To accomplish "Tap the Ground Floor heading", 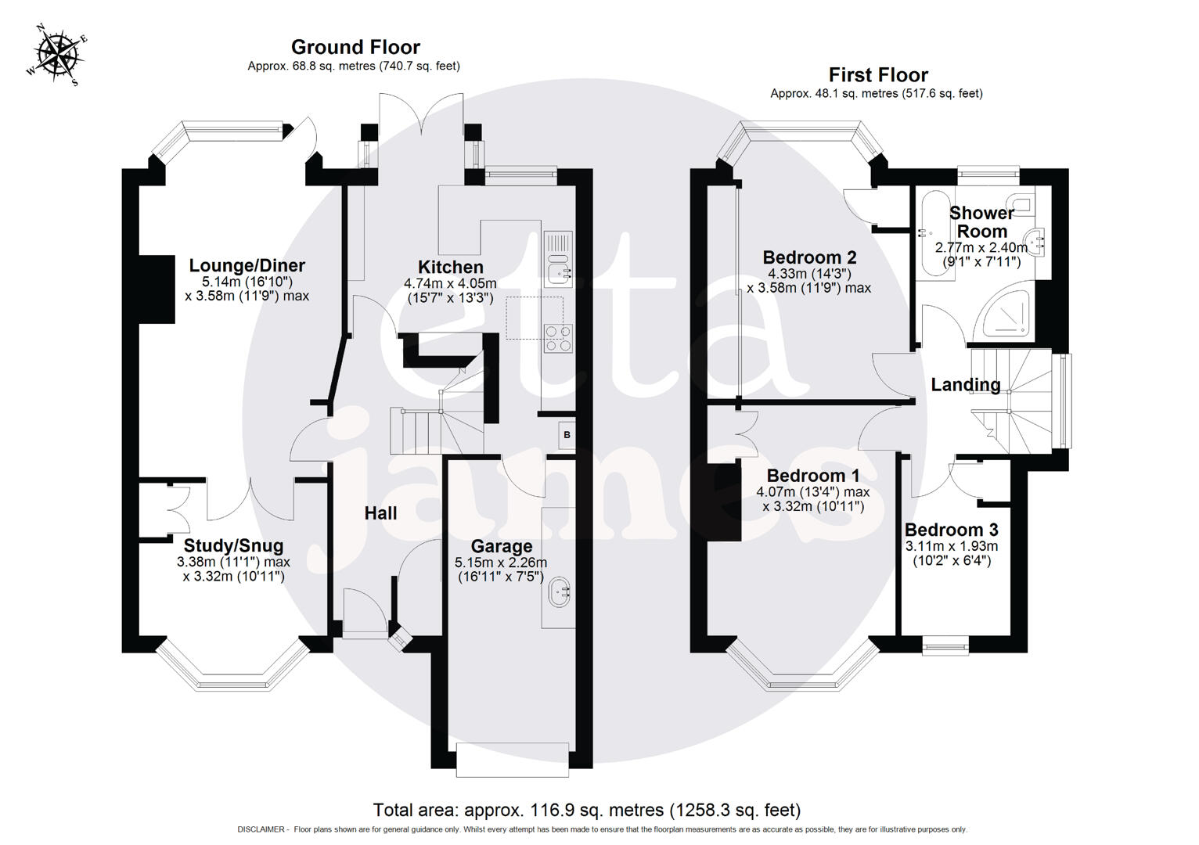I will [355, 48].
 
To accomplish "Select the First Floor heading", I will [878, 75].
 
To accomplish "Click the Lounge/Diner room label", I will [247, 266].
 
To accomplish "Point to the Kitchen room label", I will [450, 267].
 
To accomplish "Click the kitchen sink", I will [559, 272].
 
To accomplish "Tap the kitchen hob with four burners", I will [559, 337].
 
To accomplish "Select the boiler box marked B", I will [567, 435].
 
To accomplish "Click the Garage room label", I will [501, 546].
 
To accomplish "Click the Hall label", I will [380, 513].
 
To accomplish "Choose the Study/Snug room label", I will [233, 545].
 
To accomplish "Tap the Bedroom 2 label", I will [809, 257].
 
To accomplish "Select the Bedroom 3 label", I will [951, 530].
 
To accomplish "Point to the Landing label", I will [965, 385].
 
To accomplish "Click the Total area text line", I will [587, 810].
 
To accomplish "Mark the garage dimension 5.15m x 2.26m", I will [501, 563].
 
